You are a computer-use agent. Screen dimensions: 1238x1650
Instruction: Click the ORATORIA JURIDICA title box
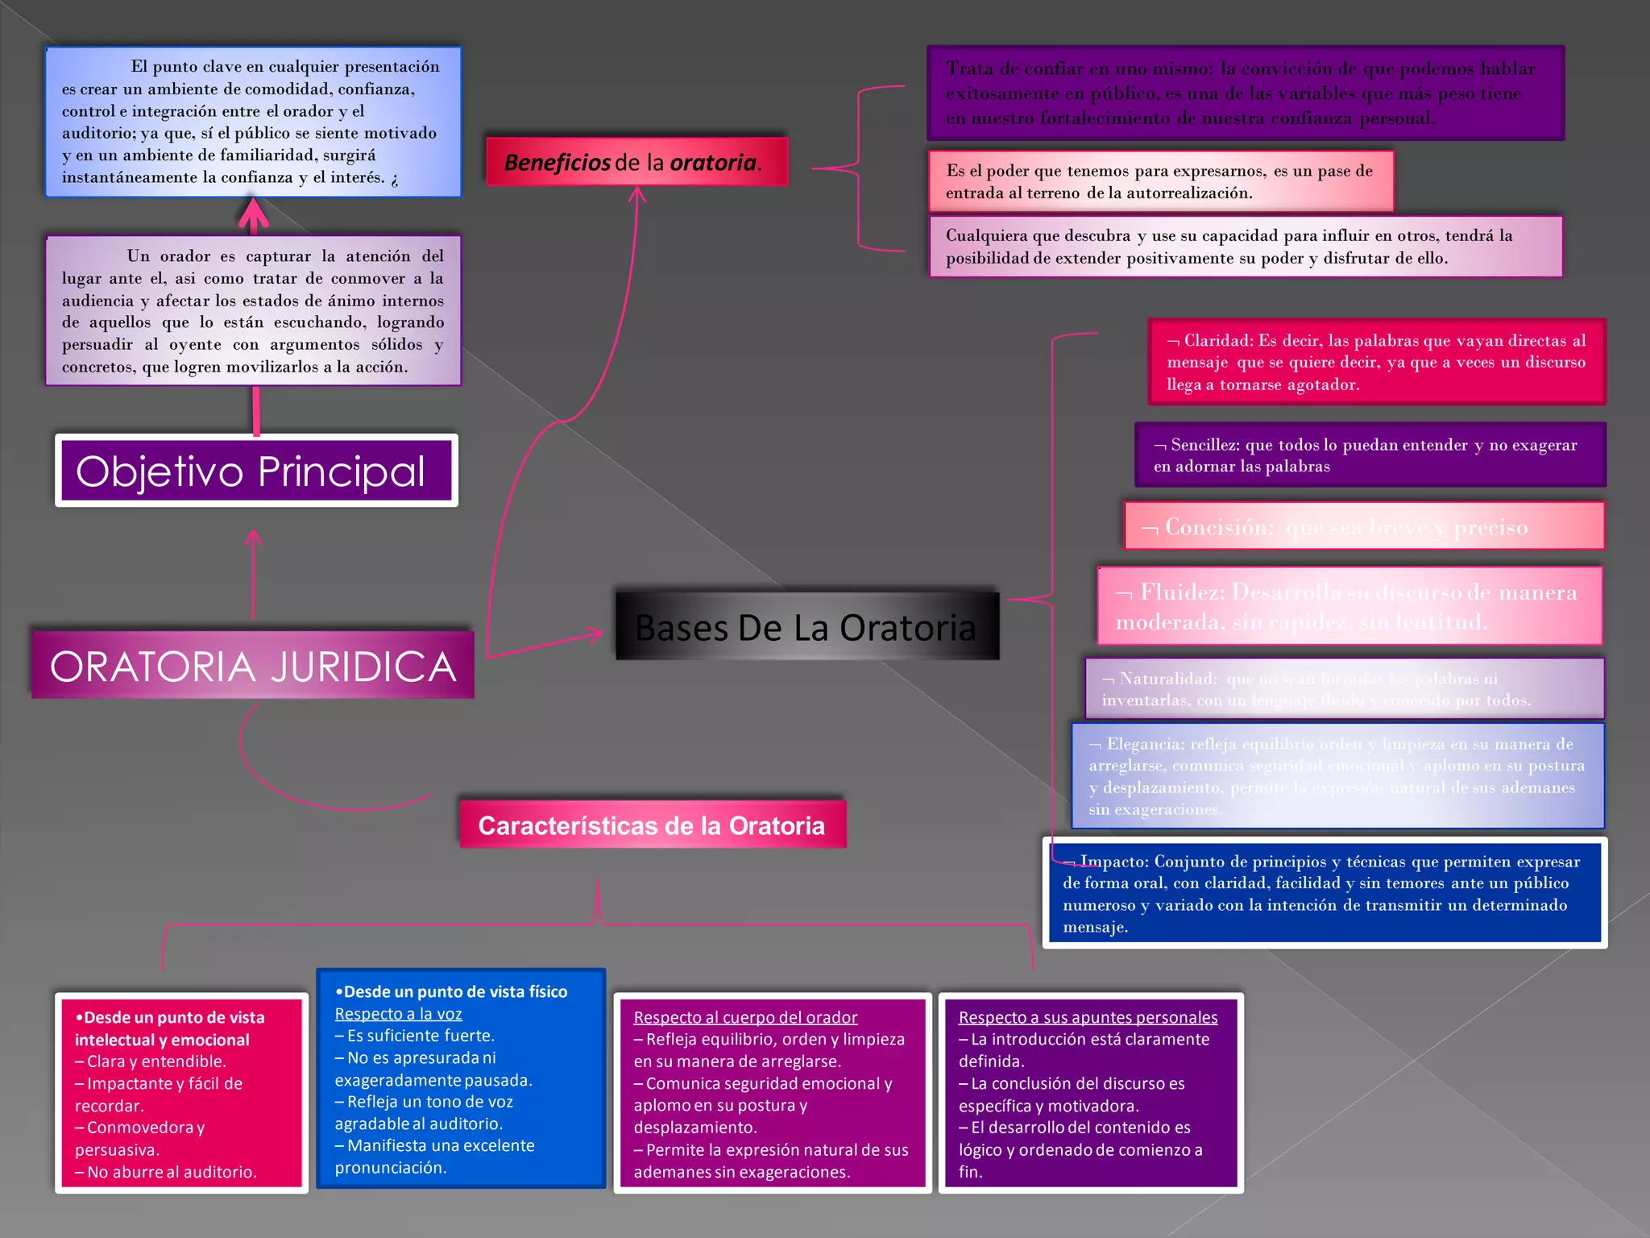coord(253,666)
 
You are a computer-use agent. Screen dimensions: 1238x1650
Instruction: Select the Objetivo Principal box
coord(256,471)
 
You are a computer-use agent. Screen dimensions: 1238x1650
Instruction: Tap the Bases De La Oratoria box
coord(806,627)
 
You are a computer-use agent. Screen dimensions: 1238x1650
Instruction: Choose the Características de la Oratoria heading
coord(652,825)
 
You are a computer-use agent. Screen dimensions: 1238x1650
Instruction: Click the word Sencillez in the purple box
coord(1204,445)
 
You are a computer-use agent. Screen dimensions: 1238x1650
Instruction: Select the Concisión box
coord(1363,527)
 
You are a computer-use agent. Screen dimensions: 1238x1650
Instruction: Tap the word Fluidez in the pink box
coord(1181,592)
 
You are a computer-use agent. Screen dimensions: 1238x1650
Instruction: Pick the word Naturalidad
coord(1167,679)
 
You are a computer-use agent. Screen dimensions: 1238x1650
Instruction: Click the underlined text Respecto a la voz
coord(398,1014)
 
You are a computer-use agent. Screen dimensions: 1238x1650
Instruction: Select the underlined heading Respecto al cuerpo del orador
coord(745,1017)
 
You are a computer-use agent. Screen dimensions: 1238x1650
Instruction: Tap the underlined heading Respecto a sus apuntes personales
coord(1088,1017)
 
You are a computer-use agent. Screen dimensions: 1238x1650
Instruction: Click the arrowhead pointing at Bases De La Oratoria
coord(596,634)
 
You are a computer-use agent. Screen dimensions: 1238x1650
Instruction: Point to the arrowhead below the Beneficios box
coord(637,193)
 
